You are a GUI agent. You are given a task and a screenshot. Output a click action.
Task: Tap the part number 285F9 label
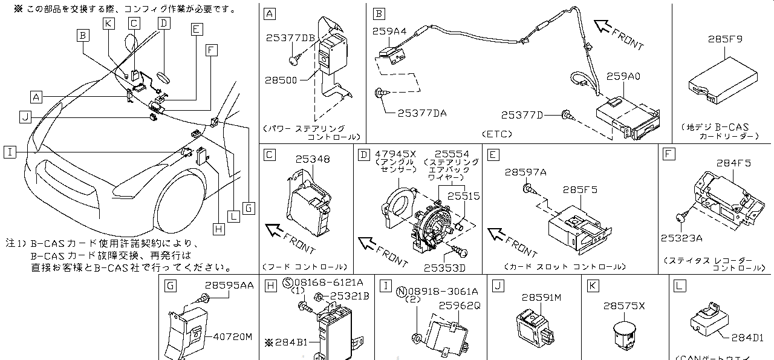pyautogui.click(x=725, y=39)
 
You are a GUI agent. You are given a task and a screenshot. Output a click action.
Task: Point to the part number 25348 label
pyautogui.click(x=313, y=160)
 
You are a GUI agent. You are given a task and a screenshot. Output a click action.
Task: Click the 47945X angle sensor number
pyautogui.click(x=395, y=154)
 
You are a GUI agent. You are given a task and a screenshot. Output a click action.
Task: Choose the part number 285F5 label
pyautogui.click(x=580, y=190)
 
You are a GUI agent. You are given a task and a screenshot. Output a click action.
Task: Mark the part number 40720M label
pyautogui.click(x=232, y=336)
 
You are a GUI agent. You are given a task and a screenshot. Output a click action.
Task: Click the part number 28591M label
pyautogui.click(x=541, y=298)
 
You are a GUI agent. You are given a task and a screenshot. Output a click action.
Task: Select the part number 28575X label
pyautogui.click(x=624, y=306)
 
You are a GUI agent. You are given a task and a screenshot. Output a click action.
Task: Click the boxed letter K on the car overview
pyautogui.click(x=108, y=24)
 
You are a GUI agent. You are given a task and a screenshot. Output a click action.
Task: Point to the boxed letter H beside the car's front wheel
pyautogui.click(x=218, y=228)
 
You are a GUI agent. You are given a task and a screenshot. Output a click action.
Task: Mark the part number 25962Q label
pyautogui.click(x=459, y=306)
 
